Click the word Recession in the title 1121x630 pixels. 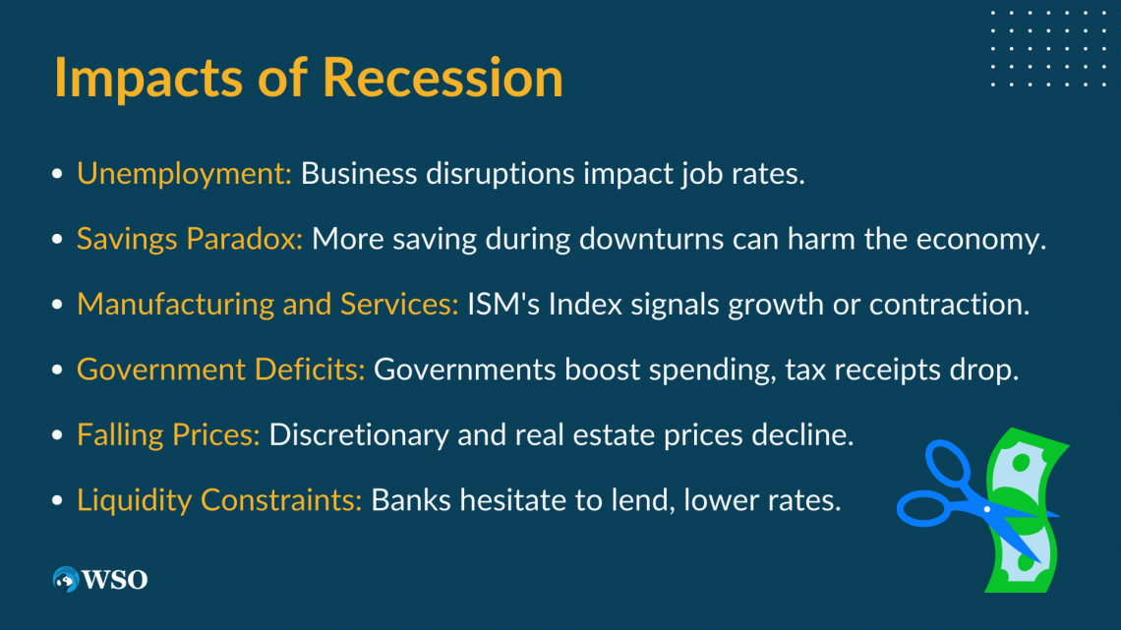[x=442, y=77]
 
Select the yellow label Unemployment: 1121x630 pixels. [x=184, y=174]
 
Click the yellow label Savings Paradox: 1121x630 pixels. [x=190, y=239]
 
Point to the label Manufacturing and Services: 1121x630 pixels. [x=267, y=305]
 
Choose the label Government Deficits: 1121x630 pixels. [x=221, y=370]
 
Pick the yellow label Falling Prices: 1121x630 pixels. [x=168, y=435]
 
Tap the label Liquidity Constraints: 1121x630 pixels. [x=219, y=500]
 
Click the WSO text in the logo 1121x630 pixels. [x=115, y=579]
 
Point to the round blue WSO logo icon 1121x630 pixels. [x=66, y=579]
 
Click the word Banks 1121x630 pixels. [x=411, y=500]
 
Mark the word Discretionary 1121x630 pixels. [x=359, y=435]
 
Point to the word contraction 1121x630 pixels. [x=950, y=305]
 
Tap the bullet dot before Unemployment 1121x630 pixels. [x=58, y=174]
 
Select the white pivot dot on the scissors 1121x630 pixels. [x=987, y=509]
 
